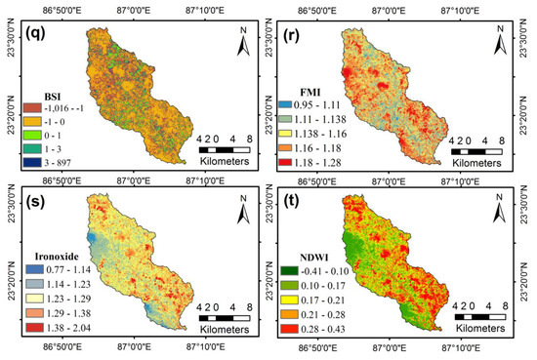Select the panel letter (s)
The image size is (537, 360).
[x=26, y=205]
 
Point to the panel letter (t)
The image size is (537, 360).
[x=293, y=205]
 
